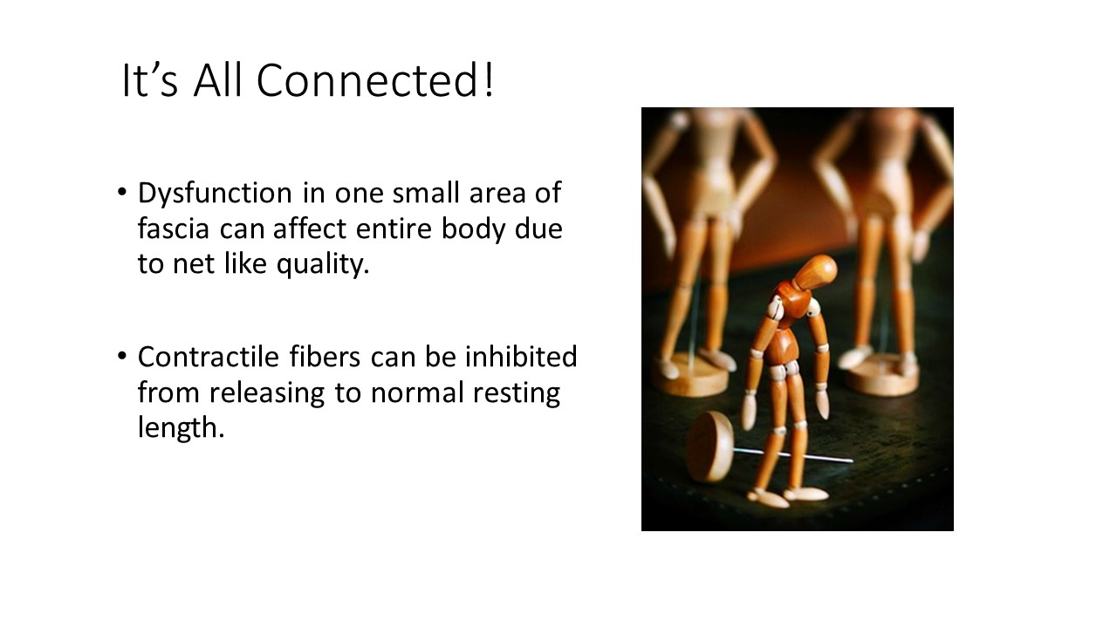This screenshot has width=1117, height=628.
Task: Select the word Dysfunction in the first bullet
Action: click(215, 193)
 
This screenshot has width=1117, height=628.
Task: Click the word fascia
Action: click(174, 229)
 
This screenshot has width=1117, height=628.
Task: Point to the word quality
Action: click(323, 264)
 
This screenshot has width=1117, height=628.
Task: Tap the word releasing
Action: click(267, 393)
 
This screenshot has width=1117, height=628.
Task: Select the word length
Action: click(181, 428)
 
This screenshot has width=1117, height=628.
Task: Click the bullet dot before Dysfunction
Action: click(122, 192)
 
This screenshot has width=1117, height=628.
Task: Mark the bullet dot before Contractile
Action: click(122, 356)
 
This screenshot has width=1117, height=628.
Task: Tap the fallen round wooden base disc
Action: click(709, 447)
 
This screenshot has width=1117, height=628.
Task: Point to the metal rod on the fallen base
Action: click(793, 455)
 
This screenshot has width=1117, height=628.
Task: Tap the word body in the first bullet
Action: click(473, 229)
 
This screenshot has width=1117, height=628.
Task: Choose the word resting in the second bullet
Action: click(517, 393)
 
